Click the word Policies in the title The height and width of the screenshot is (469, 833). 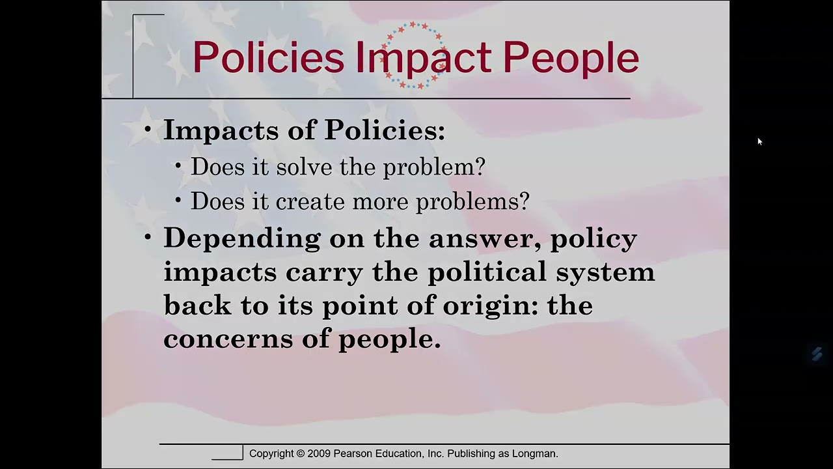click(267, 58)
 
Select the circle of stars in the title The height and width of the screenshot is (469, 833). click(415, 55)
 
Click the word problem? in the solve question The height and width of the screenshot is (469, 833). click(434, 167)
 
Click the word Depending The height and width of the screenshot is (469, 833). click(241, 238)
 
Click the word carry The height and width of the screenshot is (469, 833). click(323, 272)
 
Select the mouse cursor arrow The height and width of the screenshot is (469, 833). click(759, 141)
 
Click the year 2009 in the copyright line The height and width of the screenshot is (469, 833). click(319, 453)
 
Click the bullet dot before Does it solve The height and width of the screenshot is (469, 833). click(178, 167)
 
